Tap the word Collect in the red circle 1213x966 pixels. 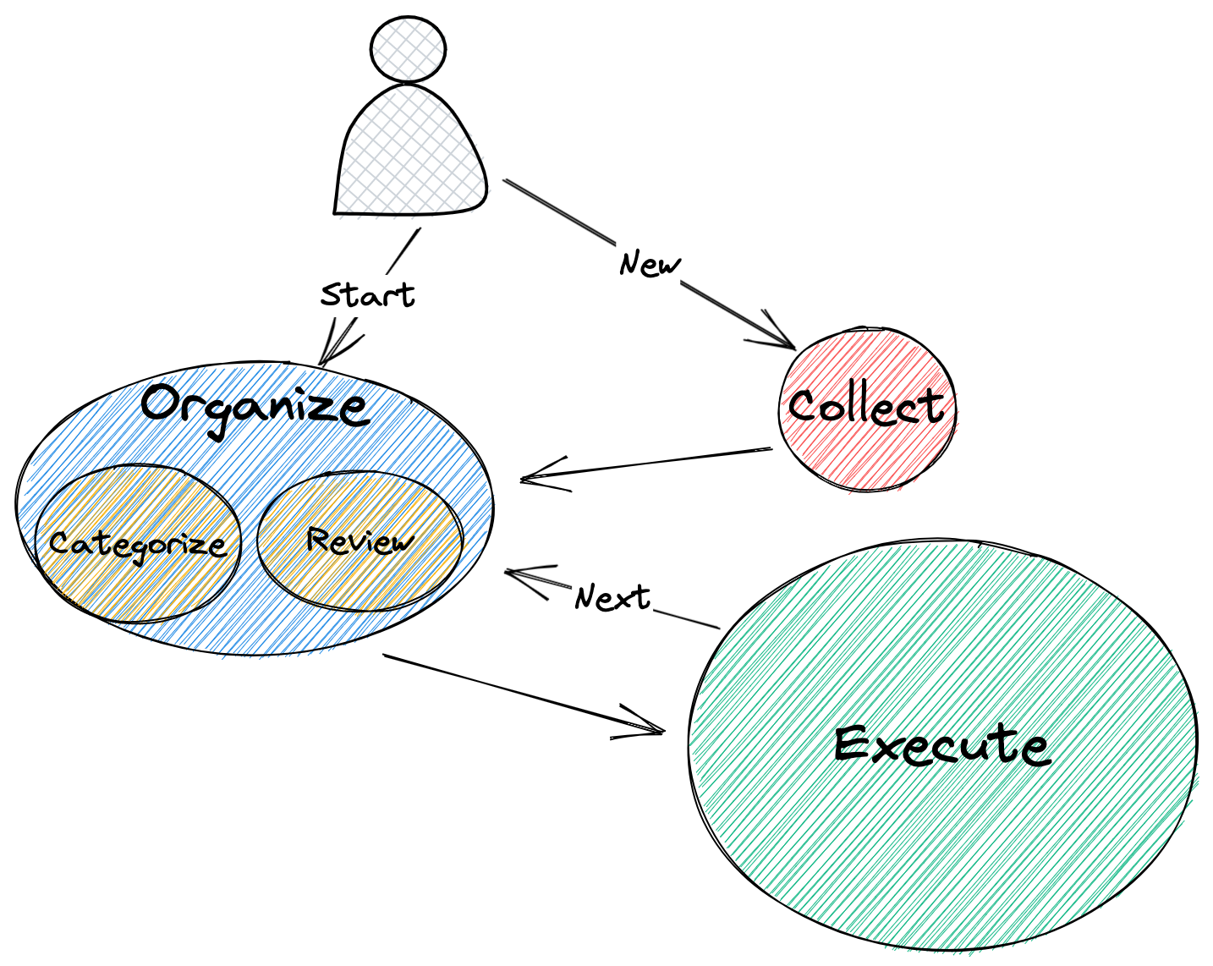[x=865, y=407]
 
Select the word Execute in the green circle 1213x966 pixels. [x=941, y=746]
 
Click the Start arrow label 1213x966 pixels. [x=367, y=295]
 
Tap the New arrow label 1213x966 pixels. [x=649, y=265]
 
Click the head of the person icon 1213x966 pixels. [x=409, y=49]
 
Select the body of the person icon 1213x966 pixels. [x=412, y=156]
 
